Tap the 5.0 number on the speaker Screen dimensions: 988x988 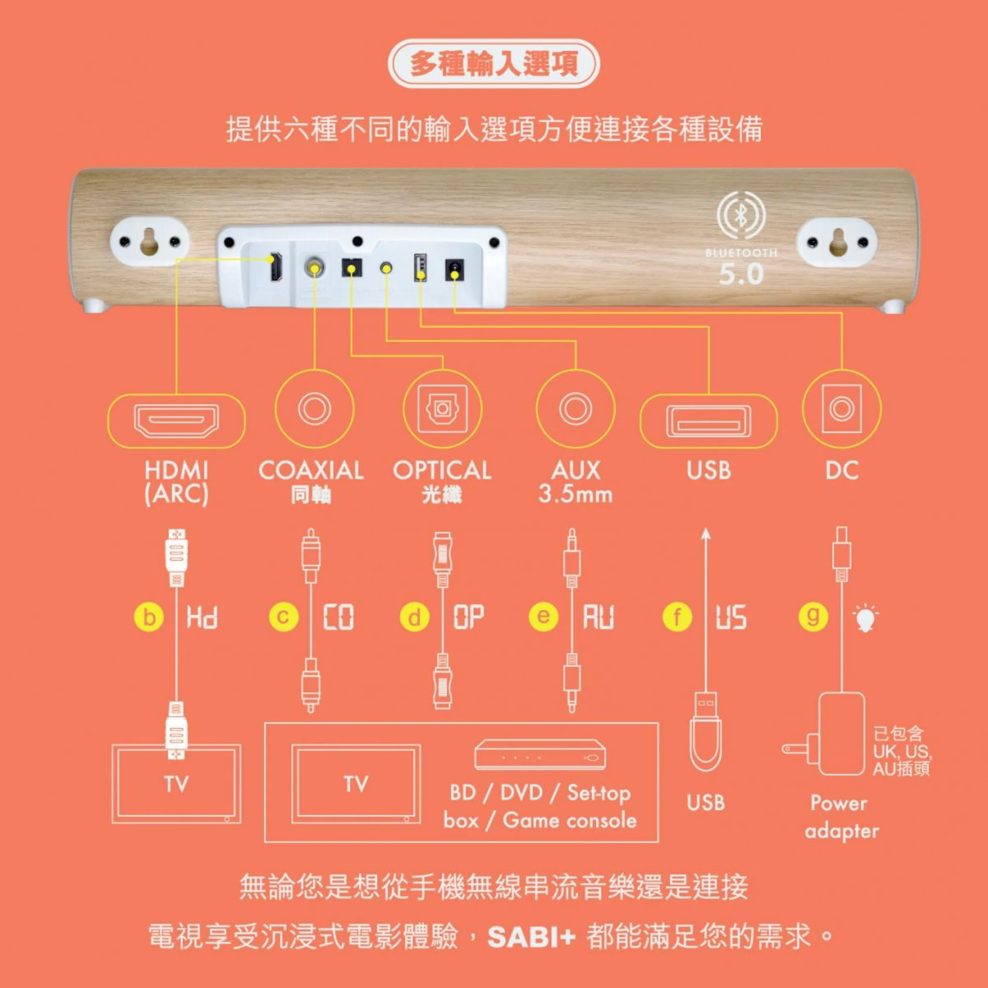coord(741,274)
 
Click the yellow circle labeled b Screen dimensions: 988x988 coord(149,617)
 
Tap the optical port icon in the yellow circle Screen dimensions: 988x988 coord(442,409)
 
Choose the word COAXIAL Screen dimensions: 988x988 coord(311,470)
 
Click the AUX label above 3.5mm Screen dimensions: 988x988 coord(576,470)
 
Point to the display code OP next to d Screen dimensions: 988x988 coord(468,617)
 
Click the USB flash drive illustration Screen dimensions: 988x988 coord(706,732)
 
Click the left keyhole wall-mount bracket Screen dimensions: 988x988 coord(150,240)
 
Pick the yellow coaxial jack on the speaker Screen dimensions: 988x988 coord(314,267)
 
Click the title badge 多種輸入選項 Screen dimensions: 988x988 coord(494,65)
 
